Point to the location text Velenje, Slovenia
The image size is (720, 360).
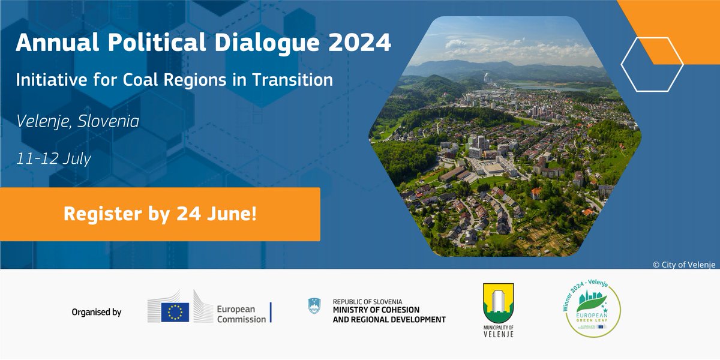(77, 122)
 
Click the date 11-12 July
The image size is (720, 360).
(54, 160)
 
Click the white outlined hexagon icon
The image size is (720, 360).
(652, 64)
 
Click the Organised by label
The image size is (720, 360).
(96, 312)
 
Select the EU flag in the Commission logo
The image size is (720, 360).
(175, 312)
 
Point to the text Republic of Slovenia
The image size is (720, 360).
(368, 301)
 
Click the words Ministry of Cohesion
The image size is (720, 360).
(376, 310)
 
